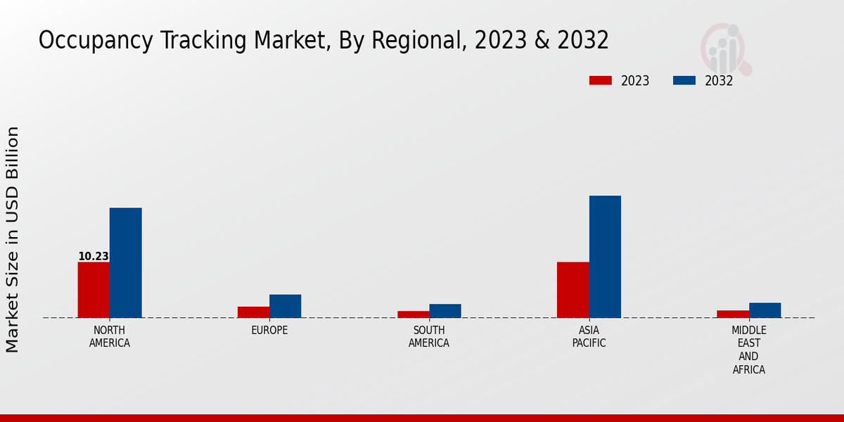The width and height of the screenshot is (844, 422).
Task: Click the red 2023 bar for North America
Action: click(94, 290)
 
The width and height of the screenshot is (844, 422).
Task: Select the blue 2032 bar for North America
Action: click(125, 262)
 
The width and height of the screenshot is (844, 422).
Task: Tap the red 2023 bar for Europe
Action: click(253, 312)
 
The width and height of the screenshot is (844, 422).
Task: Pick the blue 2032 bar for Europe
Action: click(285, 306)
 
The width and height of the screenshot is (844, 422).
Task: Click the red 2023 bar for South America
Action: click(413, 314)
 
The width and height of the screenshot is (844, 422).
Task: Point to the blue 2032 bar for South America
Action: click(445, 311)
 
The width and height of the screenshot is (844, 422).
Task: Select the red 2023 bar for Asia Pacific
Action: click(573, 290)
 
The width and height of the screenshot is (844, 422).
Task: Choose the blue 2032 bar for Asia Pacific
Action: click(605, 257)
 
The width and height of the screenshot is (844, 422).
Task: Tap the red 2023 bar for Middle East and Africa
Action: click(733, 314)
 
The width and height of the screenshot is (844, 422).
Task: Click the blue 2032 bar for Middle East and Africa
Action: click(765, 310)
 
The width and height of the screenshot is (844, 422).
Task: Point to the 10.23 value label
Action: click(93, 257)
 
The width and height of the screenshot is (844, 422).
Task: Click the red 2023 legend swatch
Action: click(600, 80)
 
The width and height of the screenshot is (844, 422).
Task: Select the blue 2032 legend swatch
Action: click(684, 80)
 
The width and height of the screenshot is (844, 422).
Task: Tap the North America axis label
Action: click(110, 337)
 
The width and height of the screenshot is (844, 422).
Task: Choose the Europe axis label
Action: click(269, 331)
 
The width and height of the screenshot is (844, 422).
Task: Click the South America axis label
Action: click(429, 337)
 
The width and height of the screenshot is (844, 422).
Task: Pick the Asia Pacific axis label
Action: click(589, 337)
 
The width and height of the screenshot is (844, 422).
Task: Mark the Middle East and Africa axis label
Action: click(748, 350)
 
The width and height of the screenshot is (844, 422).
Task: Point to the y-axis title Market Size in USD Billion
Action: click(13, 239)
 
